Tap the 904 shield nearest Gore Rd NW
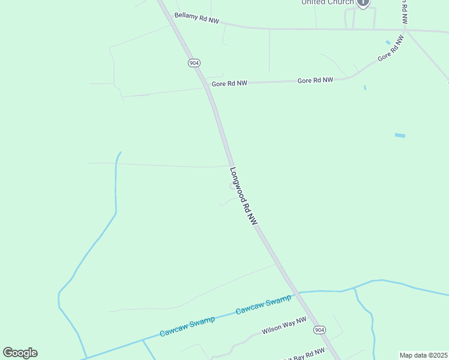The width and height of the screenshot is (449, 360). [x=194, y=63]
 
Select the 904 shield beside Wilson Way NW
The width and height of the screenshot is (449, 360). [x=319, y=330]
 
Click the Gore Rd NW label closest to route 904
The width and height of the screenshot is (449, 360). [x=229, y=84]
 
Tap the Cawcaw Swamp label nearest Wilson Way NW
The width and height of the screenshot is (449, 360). [x=264, y=304]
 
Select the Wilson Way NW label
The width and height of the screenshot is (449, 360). [x=284, y=326]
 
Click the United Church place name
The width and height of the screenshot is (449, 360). [x=327, y=2]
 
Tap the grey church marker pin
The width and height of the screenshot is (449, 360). [x=363, y=2]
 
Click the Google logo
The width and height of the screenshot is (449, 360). [x=20, y=353]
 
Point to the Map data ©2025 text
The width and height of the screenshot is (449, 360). [x=423, y=355]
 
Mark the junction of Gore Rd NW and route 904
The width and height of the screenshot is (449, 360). [x=206, y=86]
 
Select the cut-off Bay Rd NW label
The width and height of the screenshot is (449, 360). [x=309, y=353]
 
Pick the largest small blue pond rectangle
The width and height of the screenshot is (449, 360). [x=400, y=136]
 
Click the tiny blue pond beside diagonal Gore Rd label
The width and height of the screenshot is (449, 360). [x=388, y=42]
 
